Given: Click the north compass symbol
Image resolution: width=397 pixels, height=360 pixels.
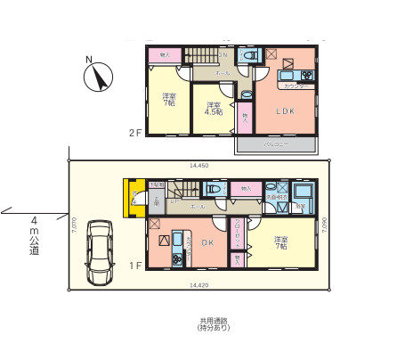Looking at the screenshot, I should click(x=97, y=77).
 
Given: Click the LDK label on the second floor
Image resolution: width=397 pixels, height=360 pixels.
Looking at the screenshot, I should click(x=284, y=111).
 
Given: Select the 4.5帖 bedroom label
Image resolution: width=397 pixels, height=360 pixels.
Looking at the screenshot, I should click(x=214, y=110).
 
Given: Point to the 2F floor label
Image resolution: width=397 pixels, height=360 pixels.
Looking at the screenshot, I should click(x=135, y=133).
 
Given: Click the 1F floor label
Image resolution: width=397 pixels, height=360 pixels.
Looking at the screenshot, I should click(x=134, y=264).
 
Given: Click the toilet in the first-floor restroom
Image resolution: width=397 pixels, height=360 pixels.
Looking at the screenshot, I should click(x=213, y=189).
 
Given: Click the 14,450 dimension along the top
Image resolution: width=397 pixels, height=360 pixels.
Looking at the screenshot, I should click(x=198, y=165).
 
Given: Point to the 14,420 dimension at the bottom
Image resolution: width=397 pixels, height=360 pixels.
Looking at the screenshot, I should click(x=199, y=284).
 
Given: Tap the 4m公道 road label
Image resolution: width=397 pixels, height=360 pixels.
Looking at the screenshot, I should click(x=34, y=235).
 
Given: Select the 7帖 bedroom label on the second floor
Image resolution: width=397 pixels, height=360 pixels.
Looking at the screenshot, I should click(x=167, y=99).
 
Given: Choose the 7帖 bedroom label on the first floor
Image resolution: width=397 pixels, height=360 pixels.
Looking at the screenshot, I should click(x=281, y=242).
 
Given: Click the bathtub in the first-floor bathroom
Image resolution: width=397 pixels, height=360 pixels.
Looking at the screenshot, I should click(x=303, y=193).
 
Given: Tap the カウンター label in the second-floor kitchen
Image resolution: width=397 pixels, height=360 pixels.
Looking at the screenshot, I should click(x=296, y=86).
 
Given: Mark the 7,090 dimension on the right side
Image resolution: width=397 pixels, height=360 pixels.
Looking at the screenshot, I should click(x=326, y=225).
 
